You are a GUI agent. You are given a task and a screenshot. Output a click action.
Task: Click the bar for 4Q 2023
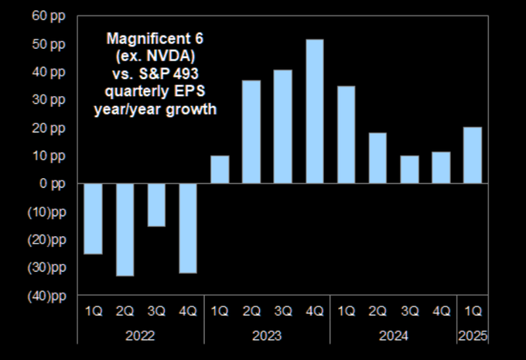pos(315,111)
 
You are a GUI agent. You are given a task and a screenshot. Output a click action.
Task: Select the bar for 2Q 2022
pos(125,229)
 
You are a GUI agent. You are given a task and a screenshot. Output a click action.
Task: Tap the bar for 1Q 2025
pos(473,155)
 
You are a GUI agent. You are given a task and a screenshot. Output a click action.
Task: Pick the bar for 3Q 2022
pos(157,204)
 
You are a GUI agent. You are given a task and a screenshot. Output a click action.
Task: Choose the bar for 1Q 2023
pos(220,170)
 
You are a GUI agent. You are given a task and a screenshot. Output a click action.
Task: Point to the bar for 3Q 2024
pos(409,170)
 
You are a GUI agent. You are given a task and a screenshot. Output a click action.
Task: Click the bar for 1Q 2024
pos(346,135)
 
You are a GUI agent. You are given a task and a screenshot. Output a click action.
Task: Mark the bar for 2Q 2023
pos(251,132)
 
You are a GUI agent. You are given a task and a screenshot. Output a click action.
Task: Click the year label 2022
pos(140,336)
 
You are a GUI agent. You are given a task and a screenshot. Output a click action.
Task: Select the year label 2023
pos(267,336)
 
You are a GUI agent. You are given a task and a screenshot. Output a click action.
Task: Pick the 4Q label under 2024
pos(441,311)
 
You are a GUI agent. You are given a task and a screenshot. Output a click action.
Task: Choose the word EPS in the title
pos(197,91)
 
